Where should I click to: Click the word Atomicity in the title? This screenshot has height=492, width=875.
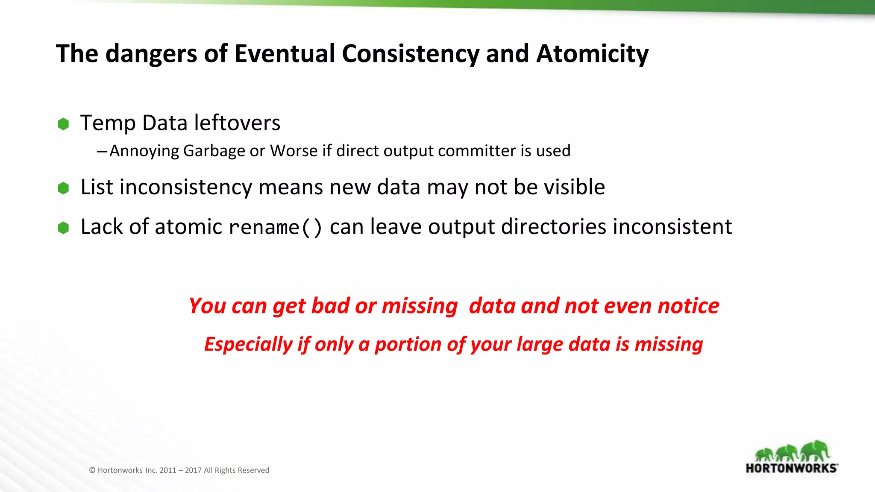click(592, 54)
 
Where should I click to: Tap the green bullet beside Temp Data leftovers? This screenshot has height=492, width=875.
click(63, 124)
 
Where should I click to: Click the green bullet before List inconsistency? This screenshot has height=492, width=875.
click(63, 188)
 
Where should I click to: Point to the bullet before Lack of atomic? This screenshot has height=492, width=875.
click(63, 228)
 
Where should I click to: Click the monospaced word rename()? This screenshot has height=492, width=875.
click(275, 227)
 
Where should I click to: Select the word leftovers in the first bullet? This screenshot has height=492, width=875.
click(237, 123)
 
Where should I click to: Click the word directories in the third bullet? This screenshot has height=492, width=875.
click(553, 227)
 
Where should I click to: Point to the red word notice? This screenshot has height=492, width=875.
click(688, 306)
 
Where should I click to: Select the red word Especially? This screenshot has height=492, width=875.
click(248, 344)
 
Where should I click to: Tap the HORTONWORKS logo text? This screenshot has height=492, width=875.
click(791, 468)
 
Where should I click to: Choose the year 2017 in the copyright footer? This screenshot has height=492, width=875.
click(193, 470)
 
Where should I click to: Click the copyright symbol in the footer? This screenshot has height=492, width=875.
click(92, 470)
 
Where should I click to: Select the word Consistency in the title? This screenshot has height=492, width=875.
click(410, 54)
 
